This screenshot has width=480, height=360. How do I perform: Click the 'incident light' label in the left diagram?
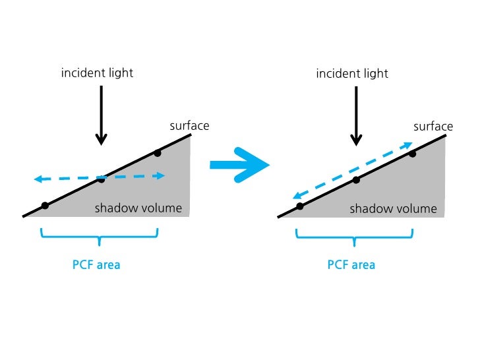coord(97,73)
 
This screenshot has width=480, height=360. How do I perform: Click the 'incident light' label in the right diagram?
coord(352,73)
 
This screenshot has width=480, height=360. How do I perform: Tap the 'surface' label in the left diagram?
coord(189,125)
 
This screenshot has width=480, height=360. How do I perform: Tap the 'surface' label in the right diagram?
coord(433,126)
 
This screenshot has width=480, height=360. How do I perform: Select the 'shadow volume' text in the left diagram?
coord(138,208)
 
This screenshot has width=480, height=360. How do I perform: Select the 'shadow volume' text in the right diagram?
coord(393,209)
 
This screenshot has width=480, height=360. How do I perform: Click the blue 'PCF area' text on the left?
coord(96,265)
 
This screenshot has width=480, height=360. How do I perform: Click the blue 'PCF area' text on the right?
coord(351,265)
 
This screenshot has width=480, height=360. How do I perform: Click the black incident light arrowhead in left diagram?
coord(101,139)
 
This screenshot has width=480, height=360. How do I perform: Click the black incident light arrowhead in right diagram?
coord(356,139)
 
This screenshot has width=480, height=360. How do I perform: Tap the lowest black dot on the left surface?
coord(45,206)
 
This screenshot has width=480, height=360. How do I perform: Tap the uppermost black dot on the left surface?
coord(157,153)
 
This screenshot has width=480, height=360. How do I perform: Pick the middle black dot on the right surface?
coord(356,179)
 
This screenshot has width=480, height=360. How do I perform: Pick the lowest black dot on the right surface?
coord(300,206)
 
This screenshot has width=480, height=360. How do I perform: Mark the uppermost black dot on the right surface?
coord(412,153)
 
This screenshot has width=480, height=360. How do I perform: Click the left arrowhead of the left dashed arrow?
coord(38,179)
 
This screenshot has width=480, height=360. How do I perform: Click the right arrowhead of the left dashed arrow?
coord(161,175)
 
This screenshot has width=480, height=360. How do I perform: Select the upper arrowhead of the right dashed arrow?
coord(408,144)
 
